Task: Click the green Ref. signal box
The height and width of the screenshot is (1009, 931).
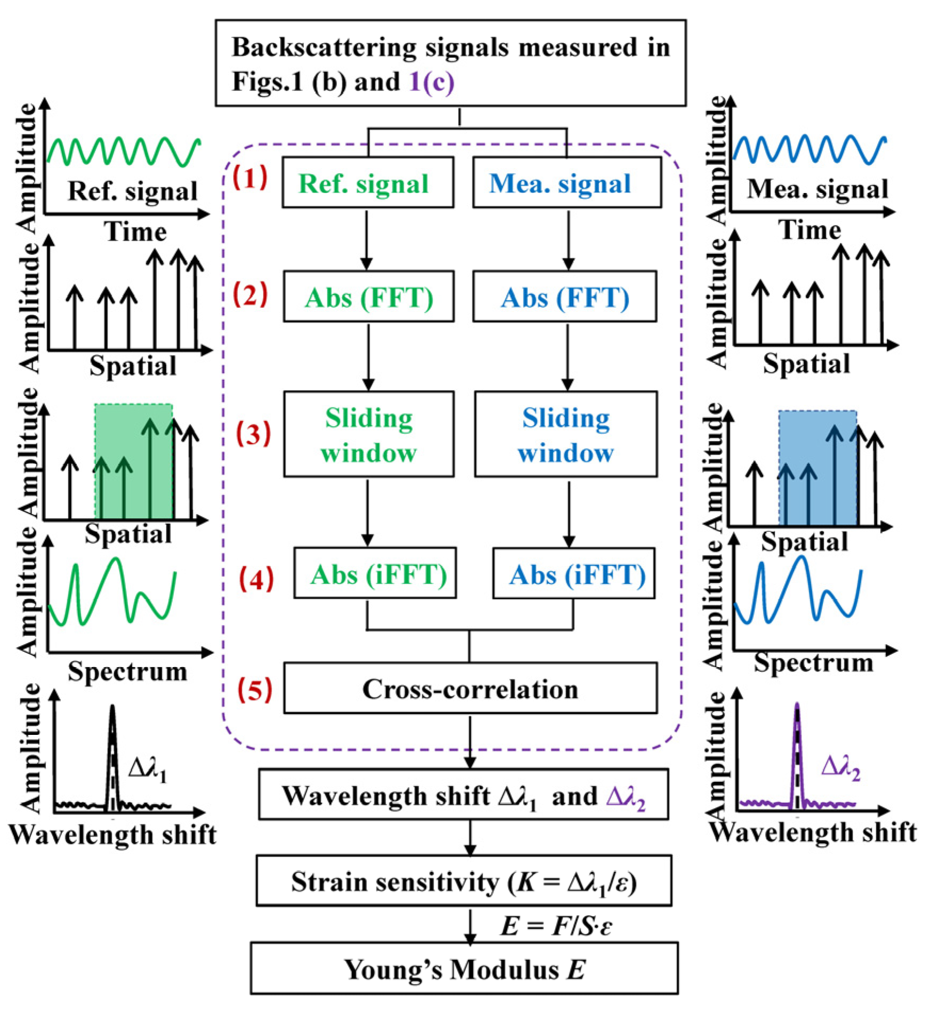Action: click(367, 182)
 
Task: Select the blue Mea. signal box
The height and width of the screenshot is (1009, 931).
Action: click(567, 182)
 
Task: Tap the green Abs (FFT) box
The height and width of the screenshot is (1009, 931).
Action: click(368, 297)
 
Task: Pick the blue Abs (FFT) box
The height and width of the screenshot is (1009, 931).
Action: click(565, 297)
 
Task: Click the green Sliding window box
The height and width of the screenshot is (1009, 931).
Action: click(368, 434)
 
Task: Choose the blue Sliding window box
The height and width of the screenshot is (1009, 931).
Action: click(566, 434)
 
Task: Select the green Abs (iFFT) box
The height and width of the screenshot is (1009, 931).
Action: click(375, 573)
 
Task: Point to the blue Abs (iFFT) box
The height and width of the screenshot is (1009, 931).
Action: click(574, 573)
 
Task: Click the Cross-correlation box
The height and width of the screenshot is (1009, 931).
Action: click(470, 688)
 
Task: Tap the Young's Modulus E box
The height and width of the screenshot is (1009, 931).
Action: click(464, 968)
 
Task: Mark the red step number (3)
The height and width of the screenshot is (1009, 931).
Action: click(253, 434)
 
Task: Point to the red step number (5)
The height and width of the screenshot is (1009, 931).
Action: click(255, 689)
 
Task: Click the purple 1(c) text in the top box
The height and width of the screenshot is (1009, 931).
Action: click(431, 82)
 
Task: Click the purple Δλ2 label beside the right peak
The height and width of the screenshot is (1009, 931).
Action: click(840, 768)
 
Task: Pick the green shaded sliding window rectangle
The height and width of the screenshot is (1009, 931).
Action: click(133, 461)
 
